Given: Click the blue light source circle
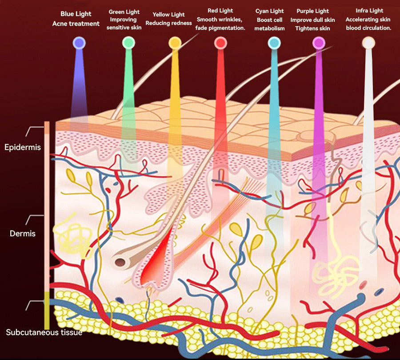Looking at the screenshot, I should (x=79, y=43).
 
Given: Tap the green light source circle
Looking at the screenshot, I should (x=128, y=43).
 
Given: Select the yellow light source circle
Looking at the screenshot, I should (x=175, y=43).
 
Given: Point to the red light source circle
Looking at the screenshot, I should (x=220, y=43).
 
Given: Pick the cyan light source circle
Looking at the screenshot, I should (x=274, y=43).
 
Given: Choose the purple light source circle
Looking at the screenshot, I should (x=318, y=43).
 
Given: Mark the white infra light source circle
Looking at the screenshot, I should (x=368, y=43).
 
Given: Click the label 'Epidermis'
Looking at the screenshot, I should (x=23, y=147).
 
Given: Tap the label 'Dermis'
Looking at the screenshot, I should (x=23, y=233).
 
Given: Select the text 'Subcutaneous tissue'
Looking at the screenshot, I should (x=44, y=332).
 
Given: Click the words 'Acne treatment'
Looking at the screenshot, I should (x=76, y=24).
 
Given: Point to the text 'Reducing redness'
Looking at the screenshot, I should (x=169, y=23).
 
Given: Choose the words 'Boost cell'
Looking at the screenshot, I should (x=270, y=20).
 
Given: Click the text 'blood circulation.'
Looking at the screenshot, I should (x=368, y=28).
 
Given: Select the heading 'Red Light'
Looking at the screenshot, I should (x=220, y=11).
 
